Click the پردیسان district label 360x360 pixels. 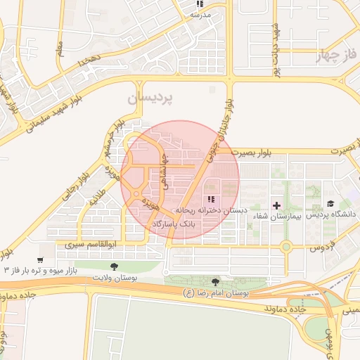(149, 98)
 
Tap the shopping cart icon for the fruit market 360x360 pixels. (41, 259)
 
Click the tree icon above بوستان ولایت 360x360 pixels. (114, 266)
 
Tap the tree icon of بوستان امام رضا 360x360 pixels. (224, 281)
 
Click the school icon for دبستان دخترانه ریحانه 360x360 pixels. (212, 199)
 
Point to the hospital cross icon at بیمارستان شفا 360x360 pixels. (276, 206)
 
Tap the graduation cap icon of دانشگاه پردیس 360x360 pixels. (329, 203)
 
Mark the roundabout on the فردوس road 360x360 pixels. (285, 247)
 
